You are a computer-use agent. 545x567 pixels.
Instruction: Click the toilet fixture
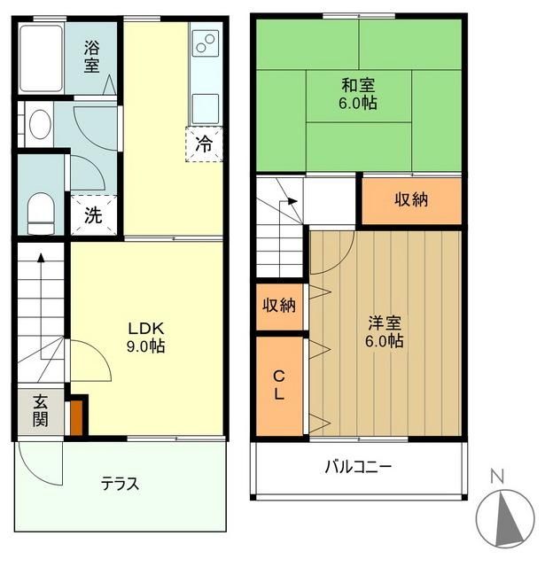click(40, 214)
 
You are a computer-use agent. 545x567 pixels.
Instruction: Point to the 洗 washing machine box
click(92, 214)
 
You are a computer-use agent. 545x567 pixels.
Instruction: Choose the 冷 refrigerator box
click(204, 144)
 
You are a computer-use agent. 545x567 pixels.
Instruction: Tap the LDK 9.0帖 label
click(146, 337)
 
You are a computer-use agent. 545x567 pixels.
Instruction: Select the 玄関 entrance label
click(41, 410)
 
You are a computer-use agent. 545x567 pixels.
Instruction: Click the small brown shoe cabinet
click(78, 416)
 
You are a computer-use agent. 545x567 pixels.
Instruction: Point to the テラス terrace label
click(119, 484)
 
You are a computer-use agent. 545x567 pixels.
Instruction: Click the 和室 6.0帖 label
click(358, 94)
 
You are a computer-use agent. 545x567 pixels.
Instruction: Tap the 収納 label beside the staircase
click(411, 200)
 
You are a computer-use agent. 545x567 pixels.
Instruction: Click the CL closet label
click(278, 385)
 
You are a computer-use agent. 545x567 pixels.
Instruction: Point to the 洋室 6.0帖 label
click(386, 330)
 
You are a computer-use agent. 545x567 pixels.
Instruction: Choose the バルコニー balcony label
click(358, 466)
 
